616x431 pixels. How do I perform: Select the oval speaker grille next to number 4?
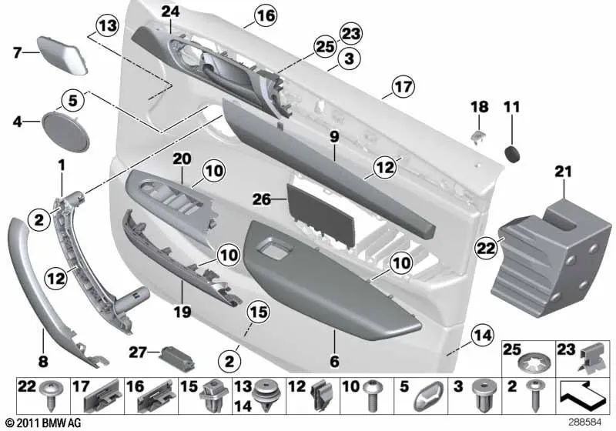tap(67, 126)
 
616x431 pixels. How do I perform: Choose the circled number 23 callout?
tap(350, 34)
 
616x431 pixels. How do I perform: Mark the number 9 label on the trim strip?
tap(334, 137)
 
